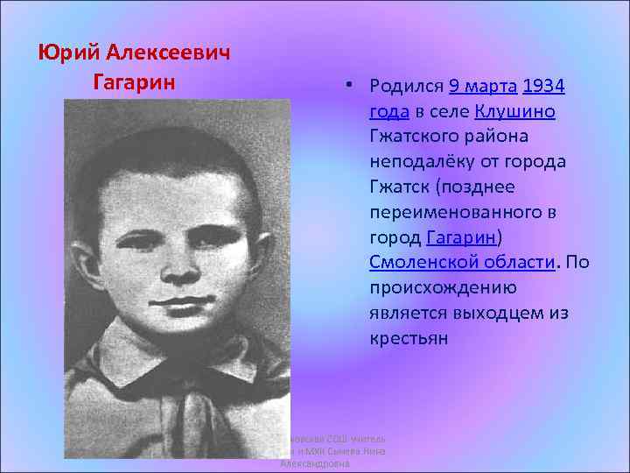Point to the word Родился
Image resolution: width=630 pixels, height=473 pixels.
click(407, 87)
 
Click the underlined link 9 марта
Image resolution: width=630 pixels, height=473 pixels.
click(483, 87)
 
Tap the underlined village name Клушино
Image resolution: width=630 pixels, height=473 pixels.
click(515, 112)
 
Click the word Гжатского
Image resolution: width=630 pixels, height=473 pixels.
click(415, 138)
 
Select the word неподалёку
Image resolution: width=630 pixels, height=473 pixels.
click(420, 162)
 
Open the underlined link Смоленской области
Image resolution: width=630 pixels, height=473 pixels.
click(462, 263)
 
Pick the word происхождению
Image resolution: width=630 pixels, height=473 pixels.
click(443, 288)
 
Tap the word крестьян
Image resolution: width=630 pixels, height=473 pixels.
click(409, 338)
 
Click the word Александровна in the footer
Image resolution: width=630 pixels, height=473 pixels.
click(315, 464)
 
